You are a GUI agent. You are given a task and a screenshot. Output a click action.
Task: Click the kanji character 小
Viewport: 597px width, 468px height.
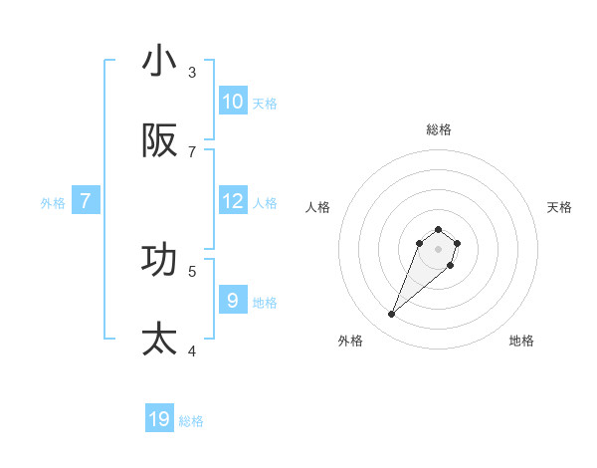pos(159,63)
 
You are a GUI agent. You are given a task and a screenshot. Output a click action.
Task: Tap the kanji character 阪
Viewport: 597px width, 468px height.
pos(159,142)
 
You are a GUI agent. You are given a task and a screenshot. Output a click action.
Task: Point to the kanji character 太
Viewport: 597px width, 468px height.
pos(159,340)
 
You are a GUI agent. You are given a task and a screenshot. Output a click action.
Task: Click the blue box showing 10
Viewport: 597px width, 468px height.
pos(233,102)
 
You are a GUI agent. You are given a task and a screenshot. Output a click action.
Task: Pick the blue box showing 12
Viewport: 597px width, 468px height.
pos(233,201)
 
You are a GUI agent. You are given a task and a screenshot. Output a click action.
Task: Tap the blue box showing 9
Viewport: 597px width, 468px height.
pos(233,300)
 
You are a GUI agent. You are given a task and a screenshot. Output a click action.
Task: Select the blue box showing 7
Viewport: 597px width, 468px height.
pos(86,201)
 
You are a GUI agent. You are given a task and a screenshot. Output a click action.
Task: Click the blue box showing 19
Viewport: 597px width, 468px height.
pos(159,419)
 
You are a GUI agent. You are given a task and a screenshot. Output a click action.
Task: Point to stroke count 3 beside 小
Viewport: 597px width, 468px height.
pos(192,73)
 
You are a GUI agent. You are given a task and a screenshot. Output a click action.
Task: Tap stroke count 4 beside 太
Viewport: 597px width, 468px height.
pos(192,351)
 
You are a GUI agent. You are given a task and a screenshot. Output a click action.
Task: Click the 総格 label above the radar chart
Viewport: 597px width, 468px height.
pos(439,129)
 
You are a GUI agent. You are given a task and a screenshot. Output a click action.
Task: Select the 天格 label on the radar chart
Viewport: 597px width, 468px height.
pos(559,207)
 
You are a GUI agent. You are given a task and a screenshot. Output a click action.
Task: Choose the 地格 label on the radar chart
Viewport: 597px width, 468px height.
pos(521,341)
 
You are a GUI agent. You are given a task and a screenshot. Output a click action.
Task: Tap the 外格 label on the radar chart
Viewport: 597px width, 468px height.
pos(350,341)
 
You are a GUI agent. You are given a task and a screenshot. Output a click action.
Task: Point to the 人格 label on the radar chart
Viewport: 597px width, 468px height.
pos(318,207)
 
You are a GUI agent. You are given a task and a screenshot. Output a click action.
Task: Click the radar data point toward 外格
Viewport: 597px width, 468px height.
pos(392,315)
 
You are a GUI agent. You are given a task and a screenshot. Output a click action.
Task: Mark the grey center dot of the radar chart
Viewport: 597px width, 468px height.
pos(438,249)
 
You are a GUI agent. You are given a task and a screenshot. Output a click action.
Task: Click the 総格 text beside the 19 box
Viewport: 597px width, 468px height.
pos(191,421)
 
